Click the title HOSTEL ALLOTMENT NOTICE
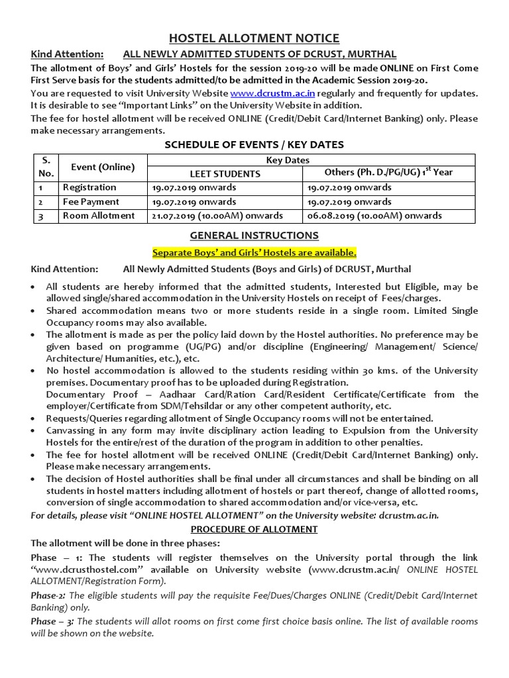254,38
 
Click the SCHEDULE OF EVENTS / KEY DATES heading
254,145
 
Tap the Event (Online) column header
98,167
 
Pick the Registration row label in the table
89,187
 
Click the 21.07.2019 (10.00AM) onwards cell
217,216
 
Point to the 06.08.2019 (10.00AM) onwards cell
374,216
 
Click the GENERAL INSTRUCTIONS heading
254,235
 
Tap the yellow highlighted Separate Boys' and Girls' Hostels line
254,252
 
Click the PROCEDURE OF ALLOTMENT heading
254,530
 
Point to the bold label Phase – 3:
52,622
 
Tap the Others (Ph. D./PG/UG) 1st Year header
388,172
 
